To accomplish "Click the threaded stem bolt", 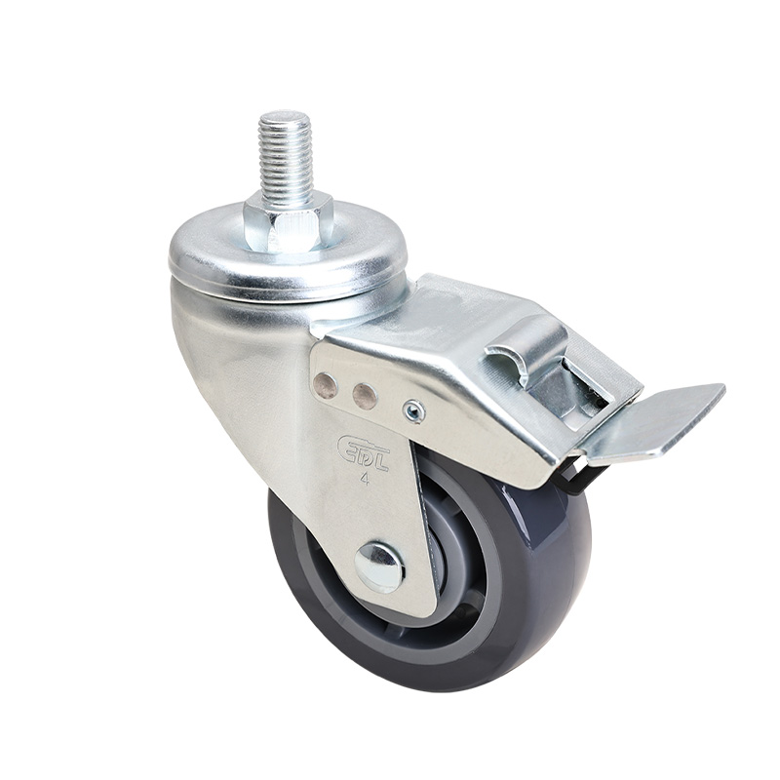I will (x=286, y=156).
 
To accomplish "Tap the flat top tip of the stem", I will (x=286, y=117).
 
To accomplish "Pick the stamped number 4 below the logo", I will (x=364, y=479).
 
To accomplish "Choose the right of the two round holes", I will (x=365, y=395).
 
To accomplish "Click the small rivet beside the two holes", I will (x=413, y=411).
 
